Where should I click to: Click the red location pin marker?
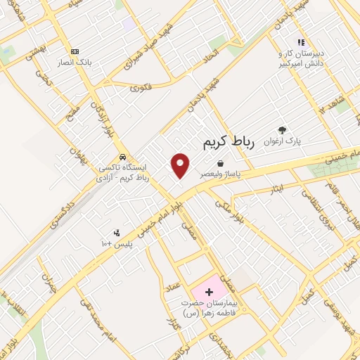181,165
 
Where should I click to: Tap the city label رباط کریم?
227,143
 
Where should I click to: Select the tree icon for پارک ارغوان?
282,129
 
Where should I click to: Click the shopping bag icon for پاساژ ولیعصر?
221,163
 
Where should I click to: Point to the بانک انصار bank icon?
75,51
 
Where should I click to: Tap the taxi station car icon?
123,157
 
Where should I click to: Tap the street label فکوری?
141,87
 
